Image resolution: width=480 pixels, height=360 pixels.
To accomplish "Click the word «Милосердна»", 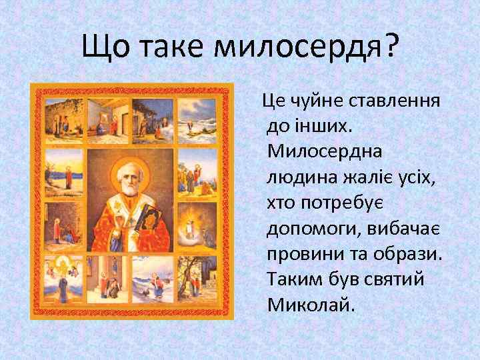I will pos(325,152).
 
